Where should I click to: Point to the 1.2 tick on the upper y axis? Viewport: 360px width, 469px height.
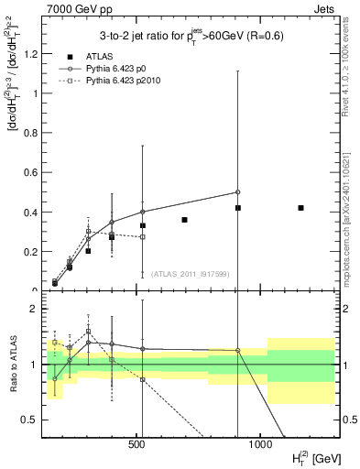pyautogui.click(x=35, y=53)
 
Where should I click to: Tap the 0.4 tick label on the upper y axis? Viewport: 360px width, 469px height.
pyautogui.click(x=35, y=213)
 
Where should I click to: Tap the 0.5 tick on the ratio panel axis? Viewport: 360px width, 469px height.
pyautogui.click(x=35, y=420)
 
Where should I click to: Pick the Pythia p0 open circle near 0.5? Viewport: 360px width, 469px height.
pyautogui.click(x=237, y=192)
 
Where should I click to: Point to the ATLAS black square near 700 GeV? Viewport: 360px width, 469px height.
pyautogui.click(x=184, y=220)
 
